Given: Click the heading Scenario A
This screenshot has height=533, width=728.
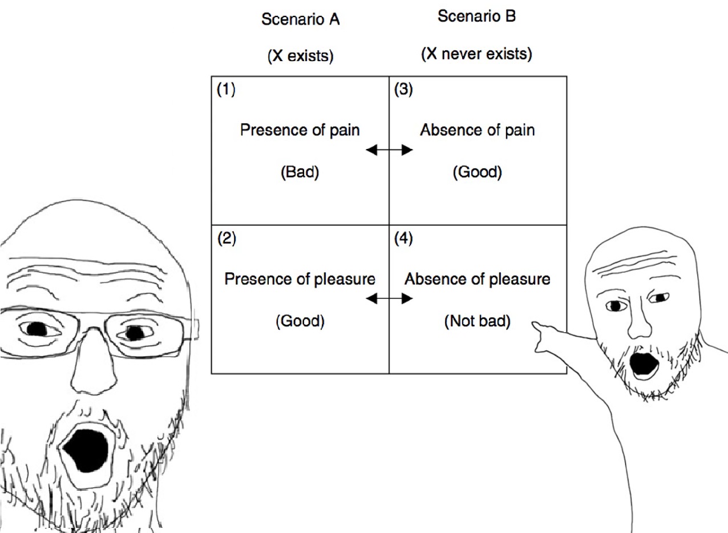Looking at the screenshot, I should [x=300, y=19].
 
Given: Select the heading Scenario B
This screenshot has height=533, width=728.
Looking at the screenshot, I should [x=476, y=17].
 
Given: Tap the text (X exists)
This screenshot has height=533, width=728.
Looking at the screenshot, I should [x=300, y=56].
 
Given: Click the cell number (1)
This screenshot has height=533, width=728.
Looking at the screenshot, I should [x=226, y=90].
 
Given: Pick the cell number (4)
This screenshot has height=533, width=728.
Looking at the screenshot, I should [x=403, y=239].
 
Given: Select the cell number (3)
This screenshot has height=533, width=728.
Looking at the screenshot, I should [x=403, y=90].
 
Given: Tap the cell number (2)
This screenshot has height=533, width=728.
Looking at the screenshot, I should [x=226, y=239].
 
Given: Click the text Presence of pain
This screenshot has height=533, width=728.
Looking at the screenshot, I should [x=300, y=130].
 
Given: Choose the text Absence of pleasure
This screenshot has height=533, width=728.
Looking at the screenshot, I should [x=478, y=280].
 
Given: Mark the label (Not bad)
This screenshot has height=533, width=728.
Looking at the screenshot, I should [x=478, y=322].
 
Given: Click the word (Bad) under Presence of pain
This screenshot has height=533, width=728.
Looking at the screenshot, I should [x=300, y=172].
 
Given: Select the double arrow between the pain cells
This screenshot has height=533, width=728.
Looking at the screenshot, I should [x=389, y=150].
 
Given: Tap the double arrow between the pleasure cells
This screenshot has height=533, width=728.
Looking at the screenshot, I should [x=389, y=298].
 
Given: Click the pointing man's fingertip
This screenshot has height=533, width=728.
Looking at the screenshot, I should [x=535, y=325].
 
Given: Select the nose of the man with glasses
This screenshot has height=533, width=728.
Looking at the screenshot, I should [x=95, y=365].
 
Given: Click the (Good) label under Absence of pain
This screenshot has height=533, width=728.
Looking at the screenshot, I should [x=478, y=172].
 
